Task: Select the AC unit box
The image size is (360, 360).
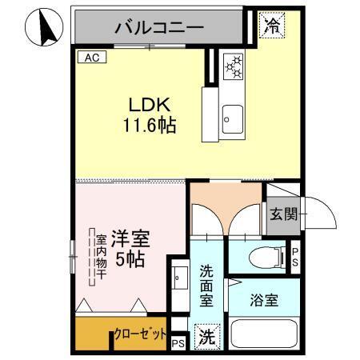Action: pos(90,58)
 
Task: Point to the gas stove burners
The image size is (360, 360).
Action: pos(233,66)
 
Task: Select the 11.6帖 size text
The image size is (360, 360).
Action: pos(149,126)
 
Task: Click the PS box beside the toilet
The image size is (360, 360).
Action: pos(294,255)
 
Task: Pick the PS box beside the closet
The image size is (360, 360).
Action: pos(178,343)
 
